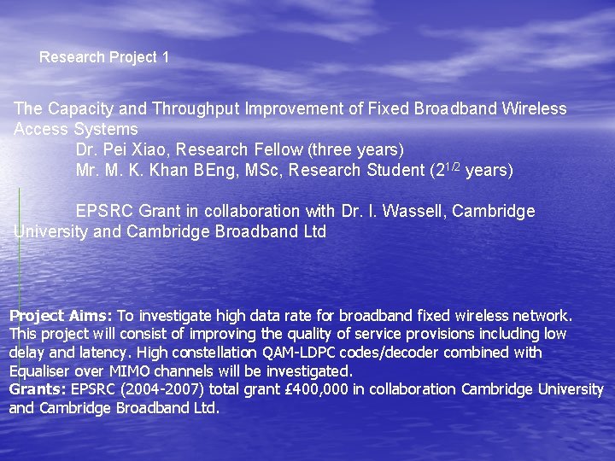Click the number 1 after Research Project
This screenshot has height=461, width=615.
(165, 58)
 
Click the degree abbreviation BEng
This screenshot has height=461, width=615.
(217, 170)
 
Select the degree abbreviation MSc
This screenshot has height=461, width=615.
(265, 170)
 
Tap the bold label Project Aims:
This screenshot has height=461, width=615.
(61, 315)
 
